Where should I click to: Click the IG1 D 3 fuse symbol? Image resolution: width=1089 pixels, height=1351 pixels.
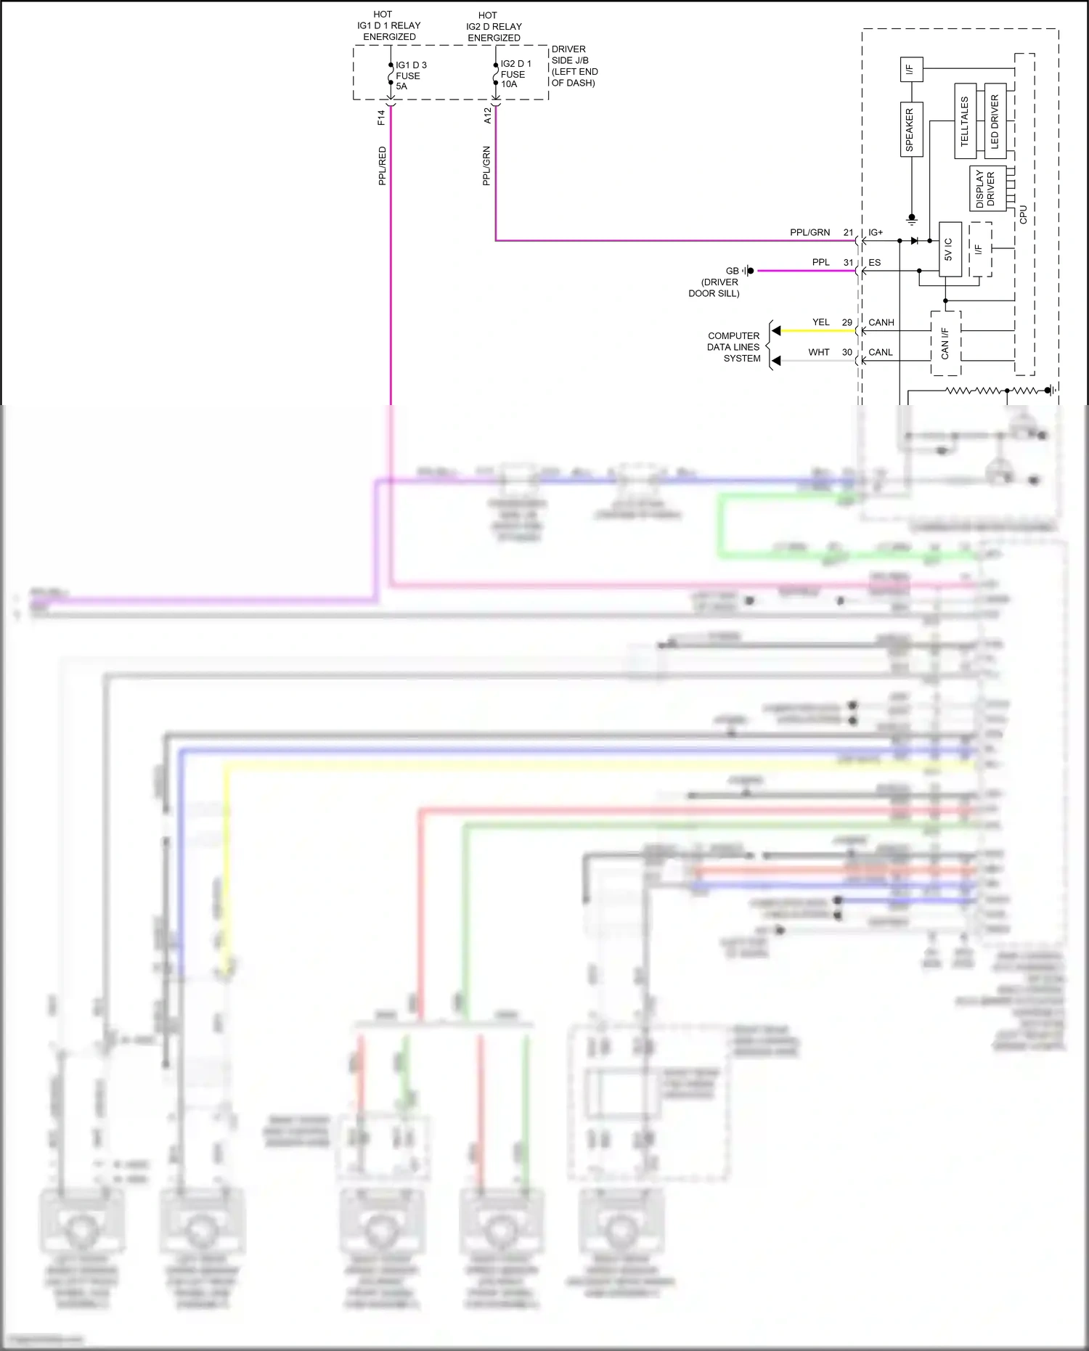point(391,75)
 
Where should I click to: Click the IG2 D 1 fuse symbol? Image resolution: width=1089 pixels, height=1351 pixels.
point(496,74)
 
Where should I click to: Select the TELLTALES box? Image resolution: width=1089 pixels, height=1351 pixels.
point(965,121)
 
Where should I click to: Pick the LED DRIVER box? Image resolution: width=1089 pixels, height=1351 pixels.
point(995,121)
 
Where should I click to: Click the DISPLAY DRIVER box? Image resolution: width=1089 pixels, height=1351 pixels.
point(987,189)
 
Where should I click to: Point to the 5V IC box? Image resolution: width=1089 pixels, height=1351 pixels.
point(950,249)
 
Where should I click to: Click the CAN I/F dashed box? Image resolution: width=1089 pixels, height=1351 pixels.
point(945,343)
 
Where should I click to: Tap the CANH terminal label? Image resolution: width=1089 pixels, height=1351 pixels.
point(881,322)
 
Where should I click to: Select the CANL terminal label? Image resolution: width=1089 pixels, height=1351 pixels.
point(881,353)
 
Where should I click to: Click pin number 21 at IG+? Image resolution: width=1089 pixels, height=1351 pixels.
point(848,232)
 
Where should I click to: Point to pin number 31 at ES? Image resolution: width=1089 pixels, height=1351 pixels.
point(848,263)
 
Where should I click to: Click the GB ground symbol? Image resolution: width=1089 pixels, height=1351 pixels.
point(748,271)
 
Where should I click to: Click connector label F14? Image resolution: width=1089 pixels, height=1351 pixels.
point(381,118)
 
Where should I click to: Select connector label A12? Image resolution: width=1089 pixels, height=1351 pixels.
point(487,115)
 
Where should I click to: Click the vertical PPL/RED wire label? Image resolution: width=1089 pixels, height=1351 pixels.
point(382,166)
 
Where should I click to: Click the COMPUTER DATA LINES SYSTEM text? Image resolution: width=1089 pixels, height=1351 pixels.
point(734,347)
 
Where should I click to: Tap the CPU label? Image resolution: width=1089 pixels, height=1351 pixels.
point(1023,214)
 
